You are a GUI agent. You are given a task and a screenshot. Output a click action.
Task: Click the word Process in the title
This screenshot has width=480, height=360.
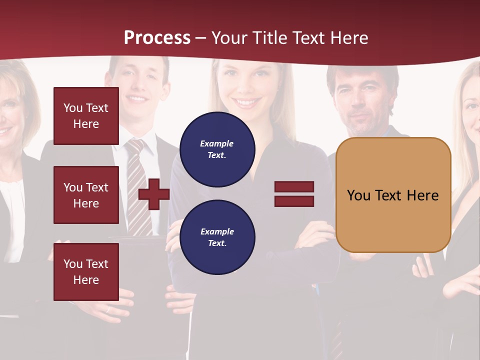pyautogui.click(x=157, y=38)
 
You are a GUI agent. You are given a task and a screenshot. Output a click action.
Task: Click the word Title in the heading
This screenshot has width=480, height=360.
pyautogui.click(x=268, y=38)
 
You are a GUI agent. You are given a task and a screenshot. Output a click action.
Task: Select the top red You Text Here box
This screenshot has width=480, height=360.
pyautogui.click(x=86, y=116)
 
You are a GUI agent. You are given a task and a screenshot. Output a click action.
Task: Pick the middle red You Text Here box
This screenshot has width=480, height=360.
pyautogui.click(x=86, y=195)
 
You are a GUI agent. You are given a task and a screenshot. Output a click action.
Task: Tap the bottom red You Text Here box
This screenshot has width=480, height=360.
pyautogui.click(x=86, y=271)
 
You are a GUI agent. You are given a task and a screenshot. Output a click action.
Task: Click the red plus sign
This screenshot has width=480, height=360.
pyautogui.click(x=154, y=194)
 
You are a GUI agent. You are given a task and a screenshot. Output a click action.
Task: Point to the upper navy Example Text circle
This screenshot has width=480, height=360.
pyautogui.click(x=217, y=149)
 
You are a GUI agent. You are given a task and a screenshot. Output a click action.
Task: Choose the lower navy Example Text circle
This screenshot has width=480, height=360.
pyautogui.click(x=217, y=237)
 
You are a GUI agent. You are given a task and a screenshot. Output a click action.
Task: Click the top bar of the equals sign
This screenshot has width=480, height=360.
pyautogui.click(x=294, y=187)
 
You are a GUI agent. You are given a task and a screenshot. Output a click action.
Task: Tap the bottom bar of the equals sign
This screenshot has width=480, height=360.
pyautogui.click(x=294, y=201)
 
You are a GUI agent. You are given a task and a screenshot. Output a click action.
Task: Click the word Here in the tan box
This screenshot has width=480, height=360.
pyautogui.click(x=422, y=195)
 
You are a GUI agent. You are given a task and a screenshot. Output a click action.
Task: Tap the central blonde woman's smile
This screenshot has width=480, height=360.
pyautogui.click(x=245, y=102)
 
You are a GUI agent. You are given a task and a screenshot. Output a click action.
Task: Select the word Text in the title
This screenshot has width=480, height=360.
pyautogui.click(x=307, y=38)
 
